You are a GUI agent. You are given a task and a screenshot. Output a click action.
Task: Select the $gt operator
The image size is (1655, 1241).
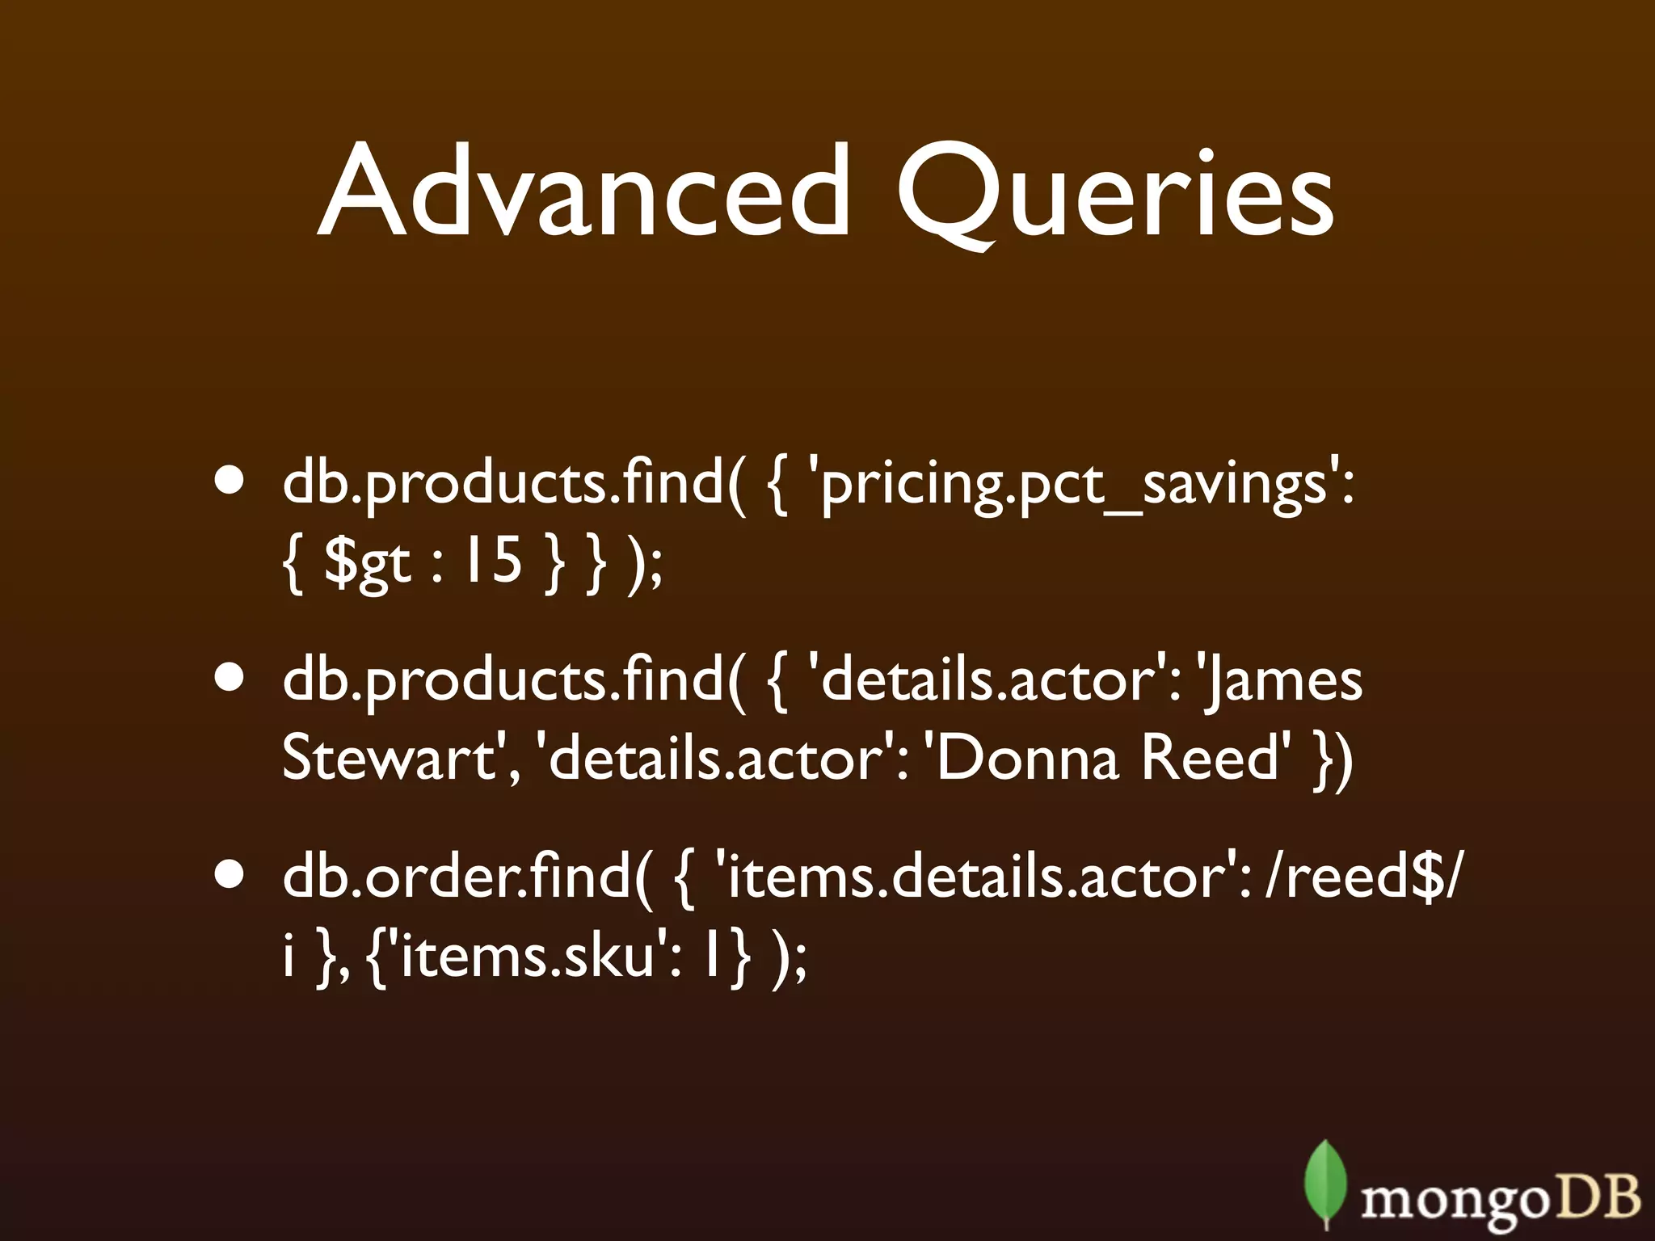pyautogui.click(x=367, y=561)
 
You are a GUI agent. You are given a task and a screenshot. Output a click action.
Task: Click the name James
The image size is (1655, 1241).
pyautogui.click(x=1285, y=680)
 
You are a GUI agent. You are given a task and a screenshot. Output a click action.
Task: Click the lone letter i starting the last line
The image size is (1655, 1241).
pyautogui.click(x=288, y=955)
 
